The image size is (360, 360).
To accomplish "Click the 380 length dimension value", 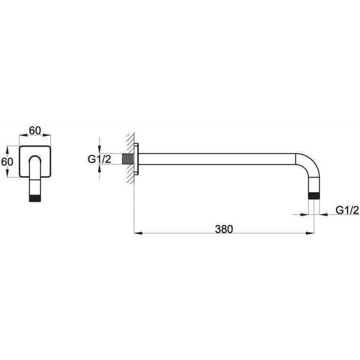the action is (x=224, y=229).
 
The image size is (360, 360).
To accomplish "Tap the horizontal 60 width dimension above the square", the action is (x=35, y=131).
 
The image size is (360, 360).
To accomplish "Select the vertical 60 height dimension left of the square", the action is (x=7, y=162).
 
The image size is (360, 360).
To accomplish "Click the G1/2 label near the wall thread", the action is (x=99, y=159).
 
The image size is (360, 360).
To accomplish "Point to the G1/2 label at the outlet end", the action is (x=347, y=210).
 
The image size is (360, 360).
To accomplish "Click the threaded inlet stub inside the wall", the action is (x=128, y=159).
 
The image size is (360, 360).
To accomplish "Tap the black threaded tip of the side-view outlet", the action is (x=314, y=196).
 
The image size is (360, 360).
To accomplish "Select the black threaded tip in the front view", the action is (x=35, y=198).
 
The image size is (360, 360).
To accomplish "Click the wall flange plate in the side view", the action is (x=136, y=159).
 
